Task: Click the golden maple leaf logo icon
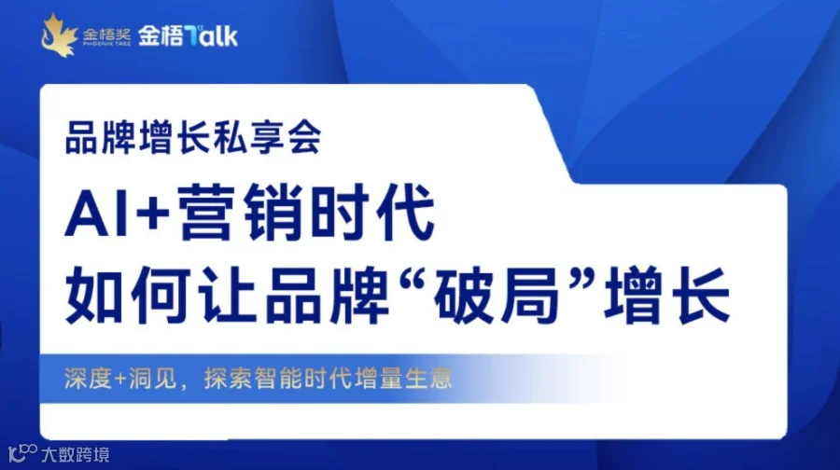[58, 34]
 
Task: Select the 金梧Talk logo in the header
[188, 35]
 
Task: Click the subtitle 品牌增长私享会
[193, 140]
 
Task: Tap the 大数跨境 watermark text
[76, 455]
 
